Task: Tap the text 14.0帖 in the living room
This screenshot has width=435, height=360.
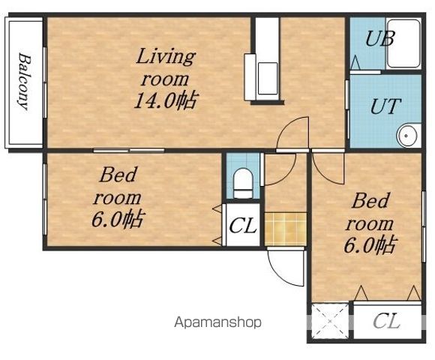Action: tap(166, 100)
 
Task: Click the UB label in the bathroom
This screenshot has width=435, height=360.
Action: tap(379, 38)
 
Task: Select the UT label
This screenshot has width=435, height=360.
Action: tap(385, 106)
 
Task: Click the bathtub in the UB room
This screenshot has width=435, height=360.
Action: tap(403, 43)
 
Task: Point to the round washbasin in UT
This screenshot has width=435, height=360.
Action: tap(406, 136)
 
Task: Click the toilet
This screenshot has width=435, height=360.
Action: tap(243, 183)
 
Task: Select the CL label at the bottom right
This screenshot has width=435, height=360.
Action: tap(386, 321)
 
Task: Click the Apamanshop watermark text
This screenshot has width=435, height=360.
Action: tap(217, 322)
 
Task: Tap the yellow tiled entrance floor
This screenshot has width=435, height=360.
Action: tap(286, 229)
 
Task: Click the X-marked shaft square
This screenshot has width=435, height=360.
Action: tap(330, 321)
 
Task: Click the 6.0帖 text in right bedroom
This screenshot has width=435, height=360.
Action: tap(370, 245)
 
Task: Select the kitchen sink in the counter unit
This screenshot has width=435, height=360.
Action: tap(268, 78)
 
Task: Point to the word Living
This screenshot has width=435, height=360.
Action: tap(166, 57)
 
